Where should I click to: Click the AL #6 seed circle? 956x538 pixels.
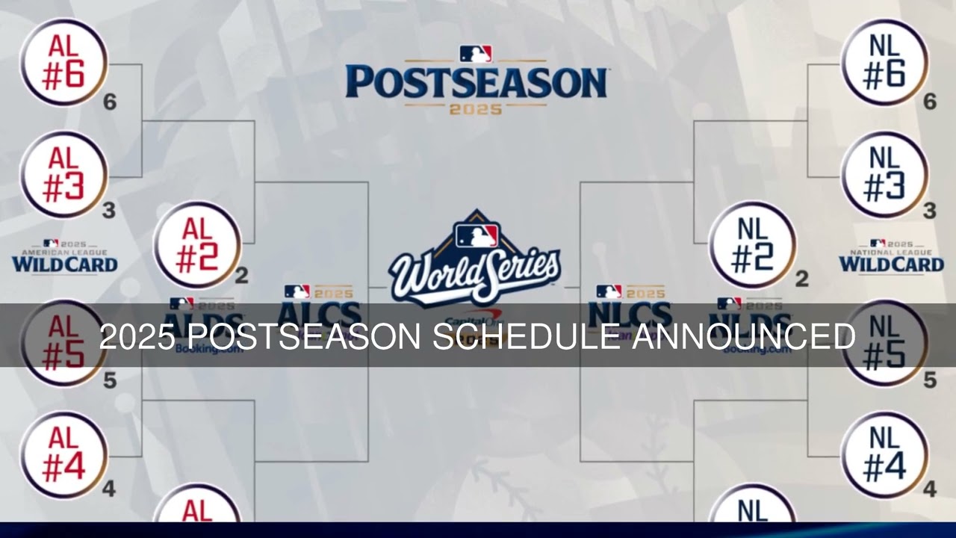click(x=63, y=63)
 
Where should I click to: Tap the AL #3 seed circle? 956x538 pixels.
click(x=63, y=175)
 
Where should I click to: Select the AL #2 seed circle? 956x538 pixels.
click(x=197, y=245)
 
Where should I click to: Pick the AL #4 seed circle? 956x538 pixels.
click(x=63, y=454)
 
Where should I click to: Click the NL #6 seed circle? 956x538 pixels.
click(x=885, y=63)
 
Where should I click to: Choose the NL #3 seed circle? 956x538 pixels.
click(x=885, y=175)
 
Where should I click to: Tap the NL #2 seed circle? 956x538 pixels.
click(x=752, y=245)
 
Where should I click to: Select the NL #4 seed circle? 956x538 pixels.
click(x=885, y=454)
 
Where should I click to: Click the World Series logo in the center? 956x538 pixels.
click(x=476, y=262)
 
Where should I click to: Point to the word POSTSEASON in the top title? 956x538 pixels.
click(x=476, y=82)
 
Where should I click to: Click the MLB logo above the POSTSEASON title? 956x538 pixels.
click(x=476, y=54)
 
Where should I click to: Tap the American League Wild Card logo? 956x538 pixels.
click(x=64, y=258)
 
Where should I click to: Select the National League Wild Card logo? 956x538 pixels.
click(x=891, y=258)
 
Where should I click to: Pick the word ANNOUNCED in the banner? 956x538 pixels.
click(x=744, y=337)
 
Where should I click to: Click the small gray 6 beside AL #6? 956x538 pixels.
click(x=110, y=102)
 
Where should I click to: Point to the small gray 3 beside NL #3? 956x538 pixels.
click(x=930, y=211)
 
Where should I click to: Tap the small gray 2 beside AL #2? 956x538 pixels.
click(x=241, y=277)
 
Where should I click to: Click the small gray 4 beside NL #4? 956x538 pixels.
click(x=930, y=490)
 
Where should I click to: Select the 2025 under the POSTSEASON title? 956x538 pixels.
click(x=476, y=109)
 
